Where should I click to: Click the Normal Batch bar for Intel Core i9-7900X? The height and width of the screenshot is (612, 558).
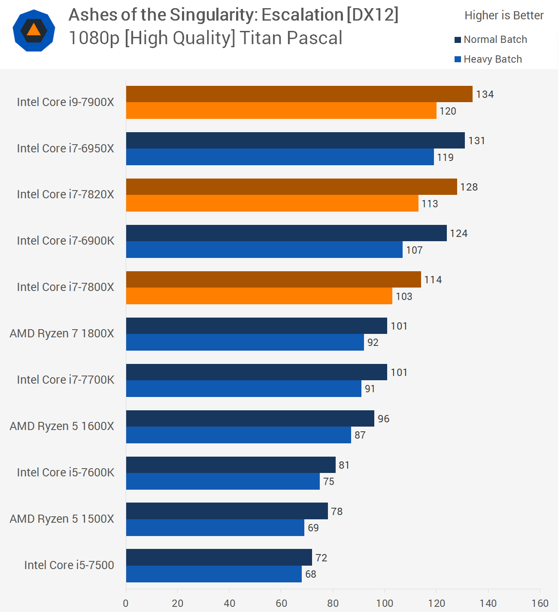pos(299,94)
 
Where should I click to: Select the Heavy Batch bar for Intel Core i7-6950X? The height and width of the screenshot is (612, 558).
pos(280,157)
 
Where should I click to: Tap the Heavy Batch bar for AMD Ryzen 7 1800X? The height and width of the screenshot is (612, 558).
pos(245,342)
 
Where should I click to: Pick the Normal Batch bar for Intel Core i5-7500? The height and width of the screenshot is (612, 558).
pos(219,557)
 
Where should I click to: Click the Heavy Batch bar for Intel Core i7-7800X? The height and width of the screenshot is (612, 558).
pos(259,296)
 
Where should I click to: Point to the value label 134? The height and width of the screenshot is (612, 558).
pos(485,94)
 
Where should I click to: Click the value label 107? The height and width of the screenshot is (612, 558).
pos(415,250)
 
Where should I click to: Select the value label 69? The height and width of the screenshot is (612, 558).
pos(313,528)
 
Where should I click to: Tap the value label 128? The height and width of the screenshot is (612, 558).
pos(469,187)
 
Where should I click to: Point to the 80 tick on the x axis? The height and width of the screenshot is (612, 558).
pos(333,603)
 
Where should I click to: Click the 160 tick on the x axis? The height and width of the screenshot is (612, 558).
pos(540,603)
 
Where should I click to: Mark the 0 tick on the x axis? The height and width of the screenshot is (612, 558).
pos(126,603)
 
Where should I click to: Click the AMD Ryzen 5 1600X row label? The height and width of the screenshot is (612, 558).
pos(62,426)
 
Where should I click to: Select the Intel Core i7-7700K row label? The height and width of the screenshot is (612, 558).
pos(66,380)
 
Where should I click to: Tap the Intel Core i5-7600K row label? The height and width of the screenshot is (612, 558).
pos(66,473)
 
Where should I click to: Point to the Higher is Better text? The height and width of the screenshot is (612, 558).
pos(504,15)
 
